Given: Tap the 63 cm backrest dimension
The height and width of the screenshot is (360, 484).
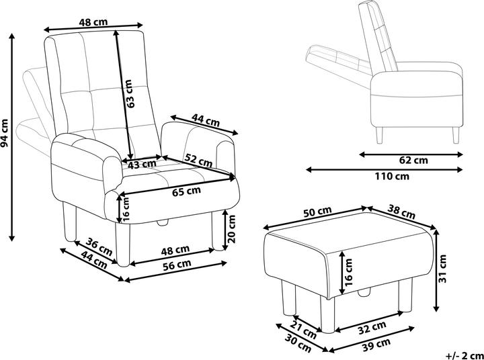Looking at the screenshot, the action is point(130,94).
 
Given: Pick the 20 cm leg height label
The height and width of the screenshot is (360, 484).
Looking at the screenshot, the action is point(231,228).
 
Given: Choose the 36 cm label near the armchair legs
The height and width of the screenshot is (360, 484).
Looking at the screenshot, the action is point(99,246).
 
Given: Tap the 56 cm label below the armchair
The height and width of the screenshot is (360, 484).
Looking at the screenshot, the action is point(177,265).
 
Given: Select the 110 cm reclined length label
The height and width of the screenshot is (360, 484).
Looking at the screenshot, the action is point(392,177).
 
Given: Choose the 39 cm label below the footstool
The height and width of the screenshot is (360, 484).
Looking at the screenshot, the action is point(376,343).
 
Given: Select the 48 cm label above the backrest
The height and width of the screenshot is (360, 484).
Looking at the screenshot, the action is point(93,22).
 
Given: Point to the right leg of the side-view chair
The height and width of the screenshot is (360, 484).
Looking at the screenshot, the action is point(456,135).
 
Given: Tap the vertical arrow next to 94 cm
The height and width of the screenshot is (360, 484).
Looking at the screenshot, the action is point(11,137).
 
